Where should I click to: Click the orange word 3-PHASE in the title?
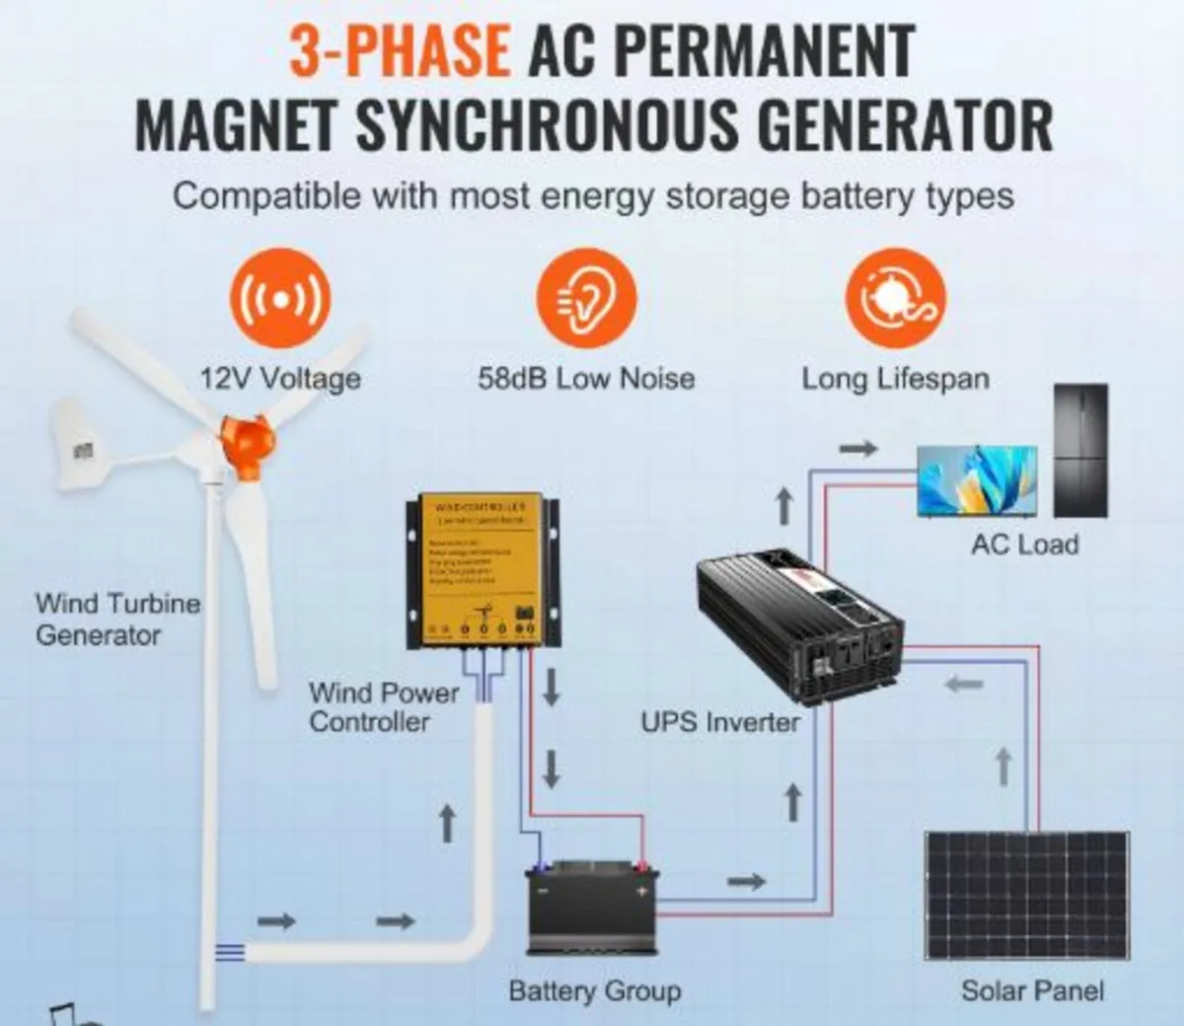(400, 50)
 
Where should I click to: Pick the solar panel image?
(1027, 895)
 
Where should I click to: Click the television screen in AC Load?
(977, 480)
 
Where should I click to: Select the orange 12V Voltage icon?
(279, 299)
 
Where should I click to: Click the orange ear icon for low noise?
(586, 299)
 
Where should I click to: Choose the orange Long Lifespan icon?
(895, 299)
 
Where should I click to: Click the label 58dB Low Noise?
(586, 379)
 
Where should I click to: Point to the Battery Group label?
(594, 990)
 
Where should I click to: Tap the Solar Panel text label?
(1032, 990)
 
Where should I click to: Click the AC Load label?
(1024, 545)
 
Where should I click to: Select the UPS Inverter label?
(720, 722)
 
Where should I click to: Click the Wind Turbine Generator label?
(116, 619)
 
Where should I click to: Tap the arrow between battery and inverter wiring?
(747, 881)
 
